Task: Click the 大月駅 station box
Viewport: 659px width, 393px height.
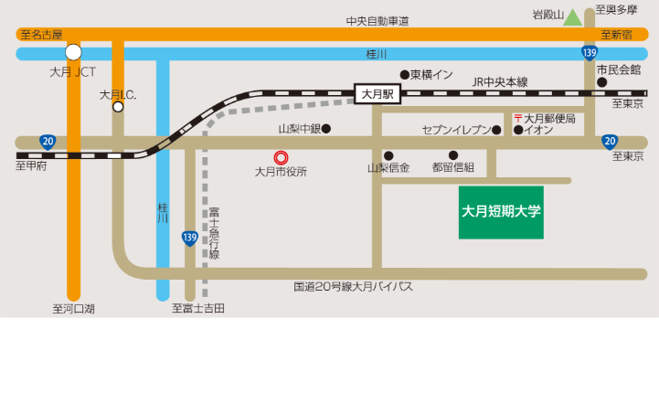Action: [377, 93]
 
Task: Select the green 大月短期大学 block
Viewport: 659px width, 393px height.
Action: [501, 212]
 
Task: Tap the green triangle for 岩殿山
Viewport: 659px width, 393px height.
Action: [572, 16]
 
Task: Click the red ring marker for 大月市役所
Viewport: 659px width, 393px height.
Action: [282, 157]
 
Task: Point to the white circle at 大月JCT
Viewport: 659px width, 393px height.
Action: [73, 52]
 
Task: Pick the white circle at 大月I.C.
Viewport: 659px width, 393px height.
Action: [118, 107]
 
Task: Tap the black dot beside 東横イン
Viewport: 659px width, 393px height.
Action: [404, 75]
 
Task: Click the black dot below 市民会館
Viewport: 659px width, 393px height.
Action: [601, 82]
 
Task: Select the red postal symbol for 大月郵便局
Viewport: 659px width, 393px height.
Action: [517, 119]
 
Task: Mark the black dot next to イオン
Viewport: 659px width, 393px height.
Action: [517, 130]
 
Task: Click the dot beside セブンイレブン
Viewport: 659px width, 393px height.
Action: [496, 130]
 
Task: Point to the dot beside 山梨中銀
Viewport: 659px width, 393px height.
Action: [325, 129]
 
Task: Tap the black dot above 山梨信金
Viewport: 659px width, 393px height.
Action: [388, 155]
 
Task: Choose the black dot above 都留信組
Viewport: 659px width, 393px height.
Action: [452, 155]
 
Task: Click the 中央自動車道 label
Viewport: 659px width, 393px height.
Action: [377, 21]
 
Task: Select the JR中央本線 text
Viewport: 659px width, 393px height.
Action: [500, 81]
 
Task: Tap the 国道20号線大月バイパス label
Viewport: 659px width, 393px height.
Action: [353, 287]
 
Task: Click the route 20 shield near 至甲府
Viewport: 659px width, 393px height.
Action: [48, 142]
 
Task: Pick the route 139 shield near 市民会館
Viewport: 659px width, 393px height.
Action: [590, 53]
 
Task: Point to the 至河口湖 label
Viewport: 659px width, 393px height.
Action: [73, 309]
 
